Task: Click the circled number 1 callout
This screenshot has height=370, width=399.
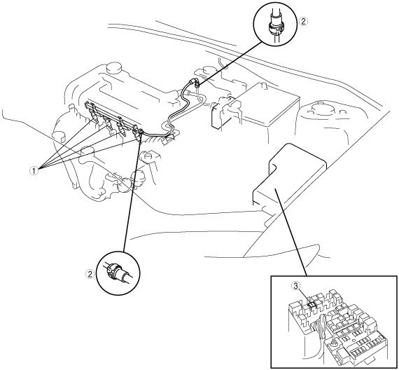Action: pos(34,170)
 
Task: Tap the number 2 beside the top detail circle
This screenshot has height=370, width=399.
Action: pos(303,22)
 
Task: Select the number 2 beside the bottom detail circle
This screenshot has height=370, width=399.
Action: pos(90,274)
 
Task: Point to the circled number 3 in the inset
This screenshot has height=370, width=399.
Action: pos(296,286)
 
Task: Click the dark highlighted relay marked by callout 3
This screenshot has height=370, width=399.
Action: pos(311,305)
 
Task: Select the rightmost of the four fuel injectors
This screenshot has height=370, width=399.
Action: pos(139,135)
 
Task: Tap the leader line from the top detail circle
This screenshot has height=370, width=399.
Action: pos(230,64)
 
